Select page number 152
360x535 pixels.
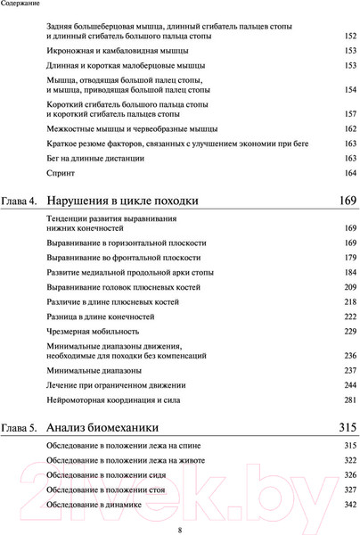click(349, 36)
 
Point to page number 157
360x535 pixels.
click(349, 114)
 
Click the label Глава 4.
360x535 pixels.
click(20, 201)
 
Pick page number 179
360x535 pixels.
click(349, 258)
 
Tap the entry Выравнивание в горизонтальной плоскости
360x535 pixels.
click(127, 243)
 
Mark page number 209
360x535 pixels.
click(349, 286)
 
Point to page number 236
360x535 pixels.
click(349, 355)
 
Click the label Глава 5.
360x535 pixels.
click(20, 426)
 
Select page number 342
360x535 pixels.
click(349, 506)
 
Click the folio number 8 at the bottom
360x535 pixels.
click(180, 527)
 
